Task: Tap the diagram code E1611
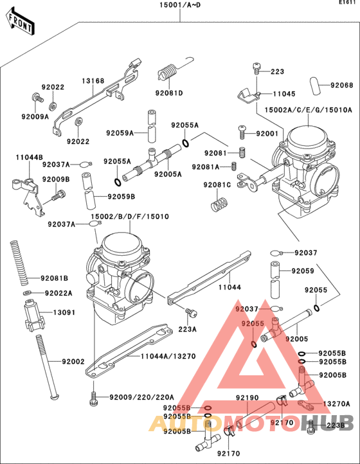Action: coord(348,3)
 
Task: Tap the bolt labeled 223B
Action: coord(312,425)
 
